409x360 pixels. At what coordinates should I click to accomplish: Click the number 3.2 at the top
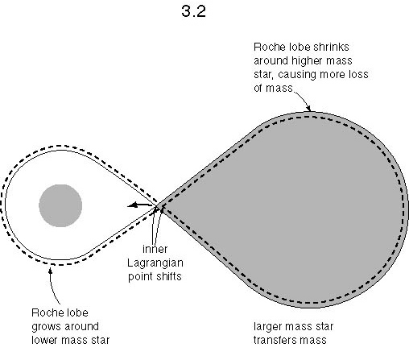point(193,11)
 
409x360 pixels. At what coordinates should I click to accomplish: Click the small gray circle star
point(60,205)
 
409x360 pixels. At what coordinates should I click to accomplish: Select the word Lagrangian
point(155,263)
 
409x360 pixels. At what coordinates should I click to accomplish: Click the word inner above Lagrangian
point(155,249)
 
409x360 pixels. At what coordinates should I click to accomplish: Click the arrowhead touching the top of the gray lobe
point(309,109)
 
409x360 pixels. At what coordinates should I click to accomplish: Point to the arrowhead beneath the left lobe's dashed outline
point(50,271)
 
